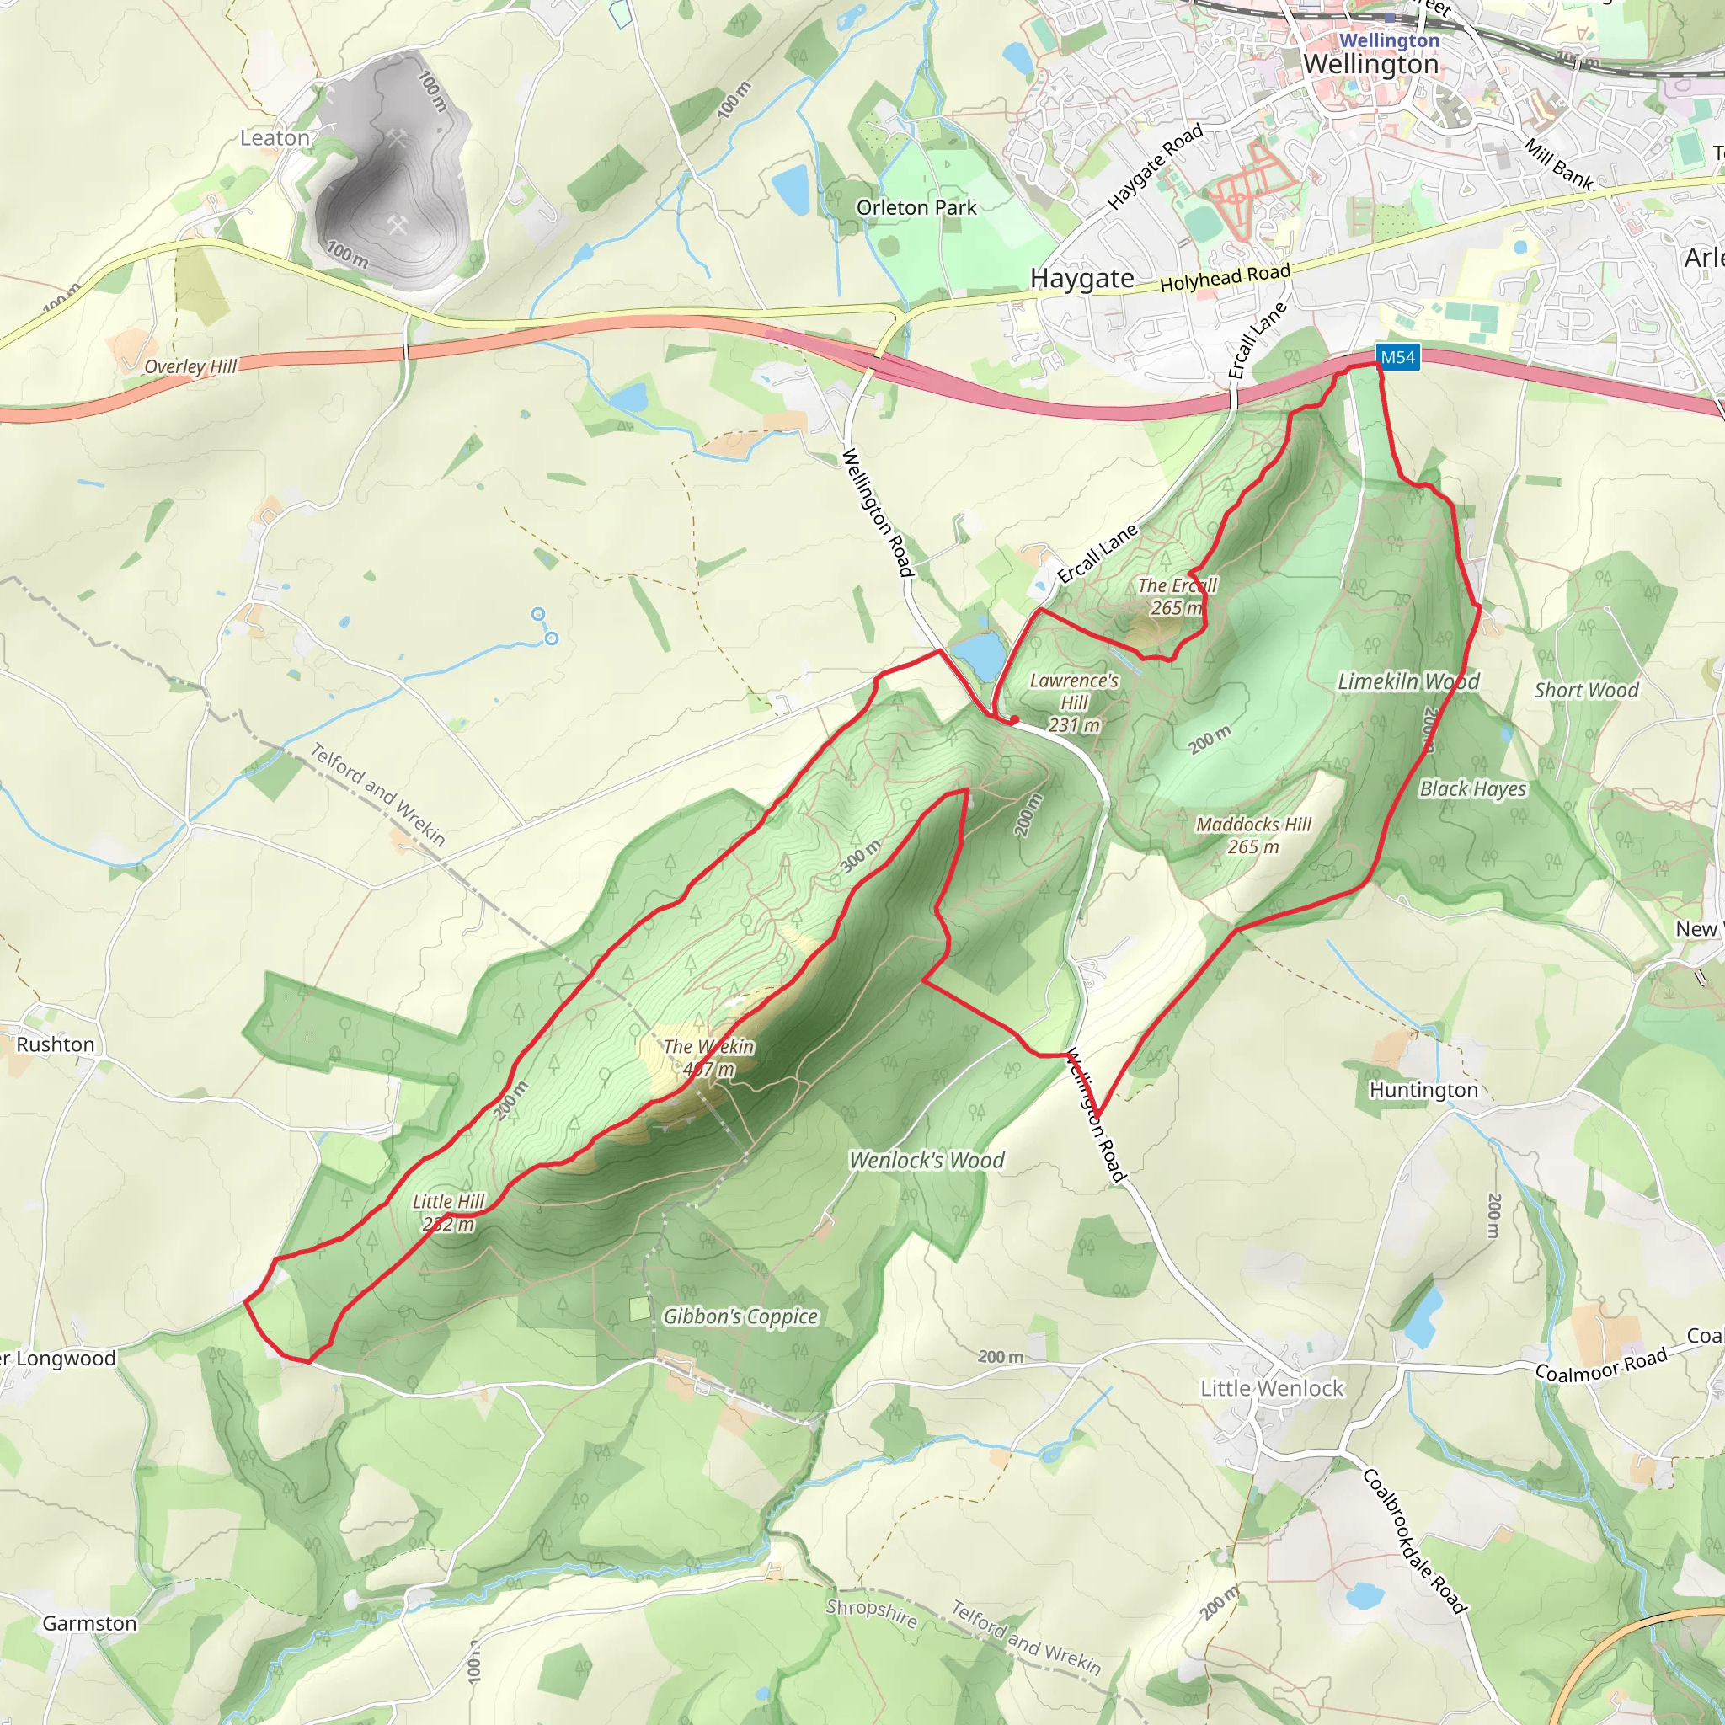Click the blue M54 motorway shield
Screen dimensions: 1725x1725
click(1397, 358)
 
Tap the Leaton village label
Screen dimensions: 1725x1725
click(275, 138)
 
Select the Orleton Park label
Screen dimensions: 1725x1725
click(916, 208)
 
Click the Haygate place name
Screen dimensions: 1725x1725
click(1082, 279)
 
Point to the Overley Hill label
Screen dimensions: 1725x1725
click(190, 366)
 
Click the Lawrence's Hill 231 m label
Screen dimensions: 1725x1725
click(1074, 702)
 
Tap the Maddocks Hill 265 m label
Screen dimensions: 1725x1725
click(1253, 835)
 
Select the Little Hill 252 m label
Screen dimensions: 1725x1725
click(448, 1213)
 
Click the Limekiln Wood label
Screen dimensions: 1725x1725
click(1408, 682)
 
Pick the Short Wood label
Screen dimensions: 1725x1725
click(1587, 690)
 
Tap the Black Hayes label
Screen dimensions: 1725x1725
click(1473, 789)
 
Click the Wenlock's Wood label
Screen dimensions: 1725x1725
click(927, 1161)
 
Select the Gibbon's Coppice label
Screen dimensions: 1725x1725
click(740, 1317)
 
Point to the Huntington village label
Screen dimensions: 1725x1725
click(1424, 1090)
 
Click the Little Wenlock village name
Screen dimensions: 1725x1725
click(1271, 1388)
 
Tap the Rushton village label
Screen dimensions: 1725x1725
click(56, 1044)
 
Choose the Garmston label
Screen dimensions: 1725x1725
click(89, 1623)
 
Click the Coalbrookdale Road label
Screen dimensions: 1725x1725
click(1415, 1541)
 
